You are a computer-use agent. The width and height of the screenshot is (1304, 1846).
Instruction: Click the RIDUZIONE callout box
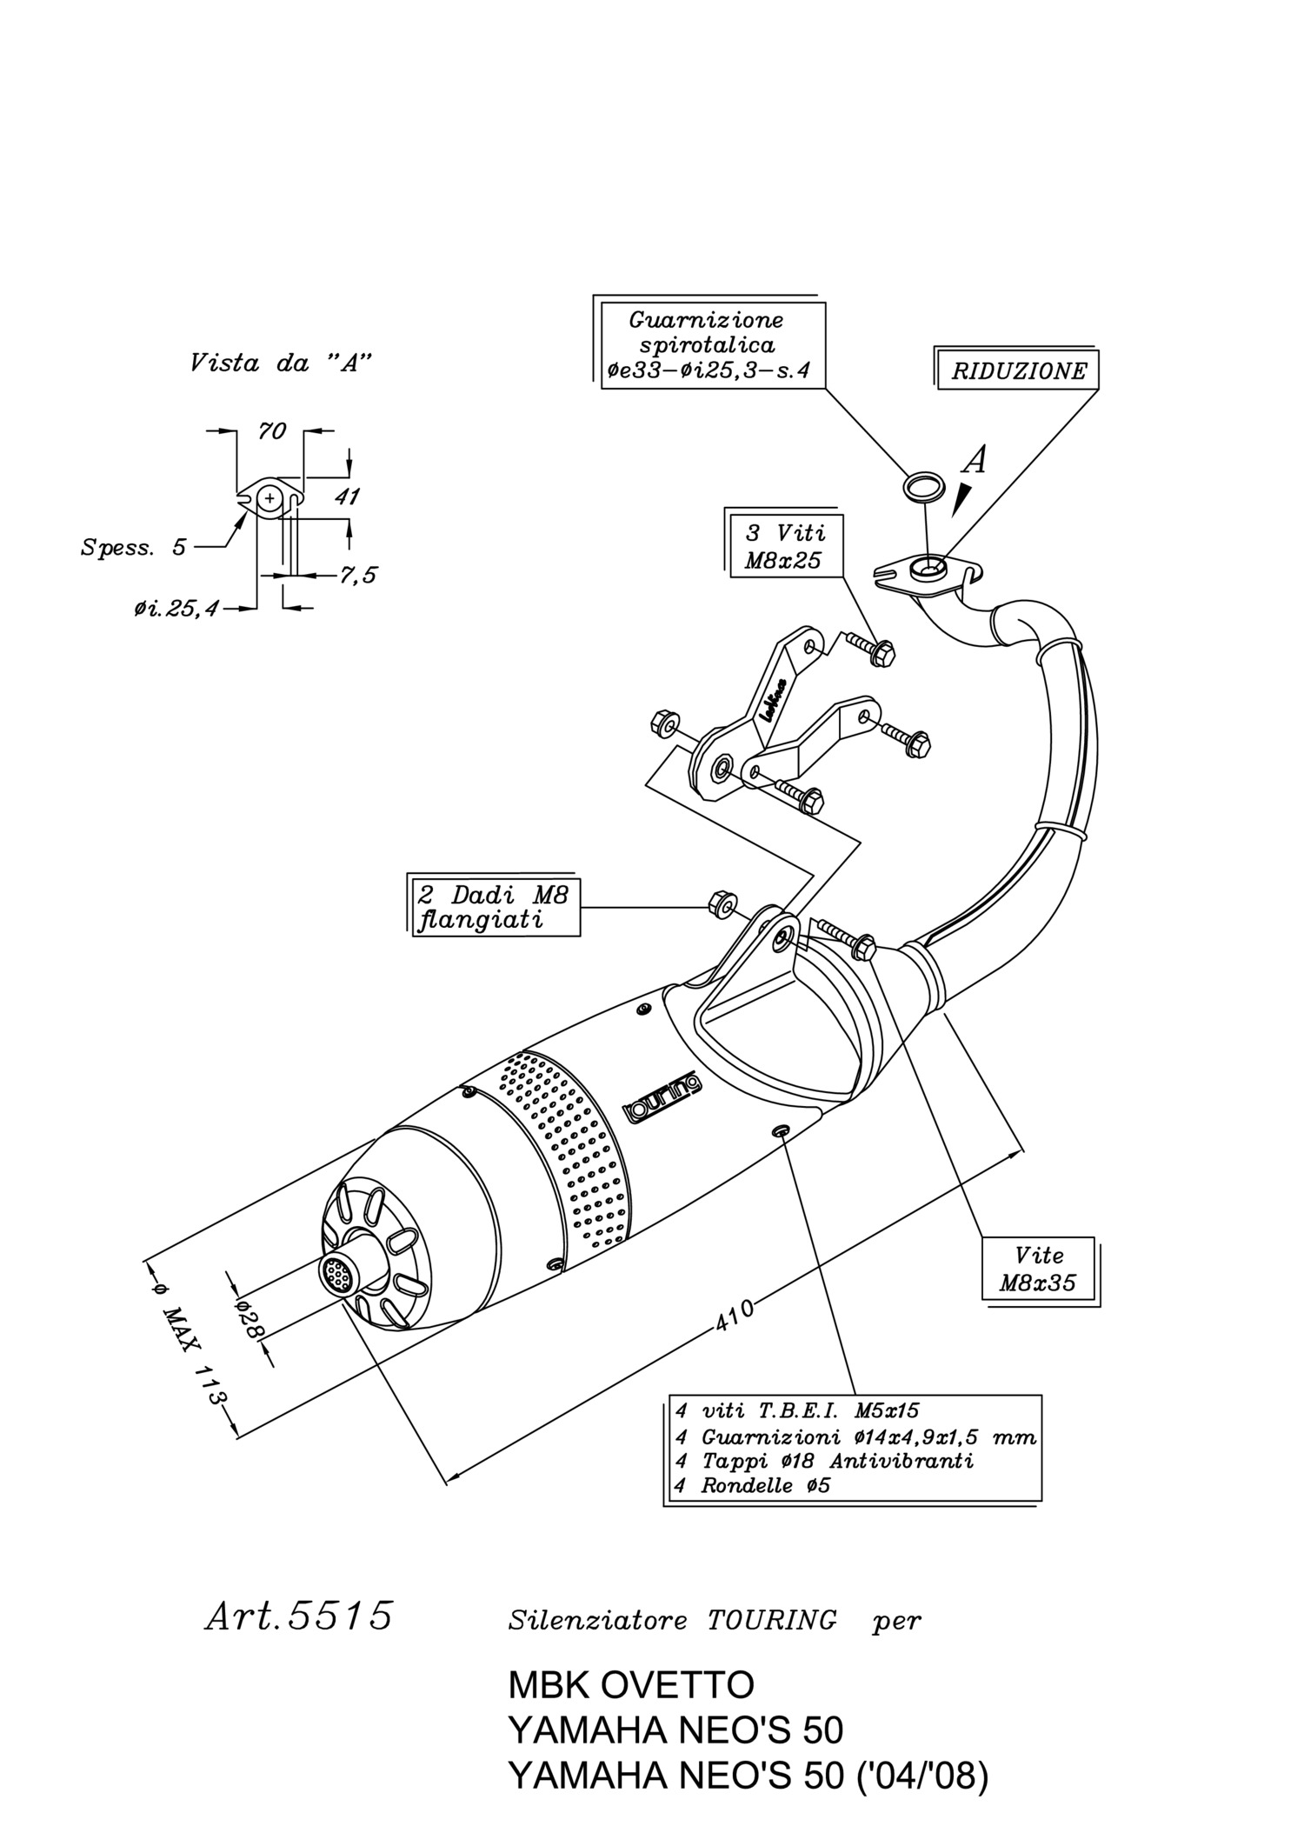1016,370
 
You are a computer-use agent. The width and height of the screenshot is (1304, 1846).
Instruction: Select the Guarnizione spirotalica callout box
709,343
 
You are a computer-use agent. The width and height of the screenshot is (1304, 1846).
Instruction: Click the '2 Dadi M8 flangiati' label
494,906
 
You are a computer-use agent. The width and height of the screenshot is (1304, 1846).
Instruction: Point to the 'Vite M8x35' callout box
1041,1270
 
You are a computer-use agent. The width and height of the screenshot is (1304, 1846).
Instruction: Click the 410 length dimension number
735,1316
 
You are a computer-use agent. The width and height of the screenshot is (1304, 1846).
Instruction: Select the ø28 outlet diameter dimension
249,1318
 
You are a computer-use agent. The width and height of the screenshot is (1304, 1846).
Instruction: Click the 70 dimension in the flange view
272,430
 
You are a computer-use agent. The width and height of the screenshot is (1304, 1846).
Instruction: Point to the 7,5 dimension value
357,575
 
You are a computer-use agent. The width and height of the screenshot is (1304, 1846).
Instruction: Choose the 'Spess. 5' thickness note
133,548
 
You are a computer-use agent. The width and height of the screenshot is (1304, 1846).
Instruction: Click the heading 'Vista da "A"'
281,363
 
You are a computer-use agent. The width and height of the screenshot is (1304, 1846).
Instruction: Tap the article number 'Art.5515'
299,1615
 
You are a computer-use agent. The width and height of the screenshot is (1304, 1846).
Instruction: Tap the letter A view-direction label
976,459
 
